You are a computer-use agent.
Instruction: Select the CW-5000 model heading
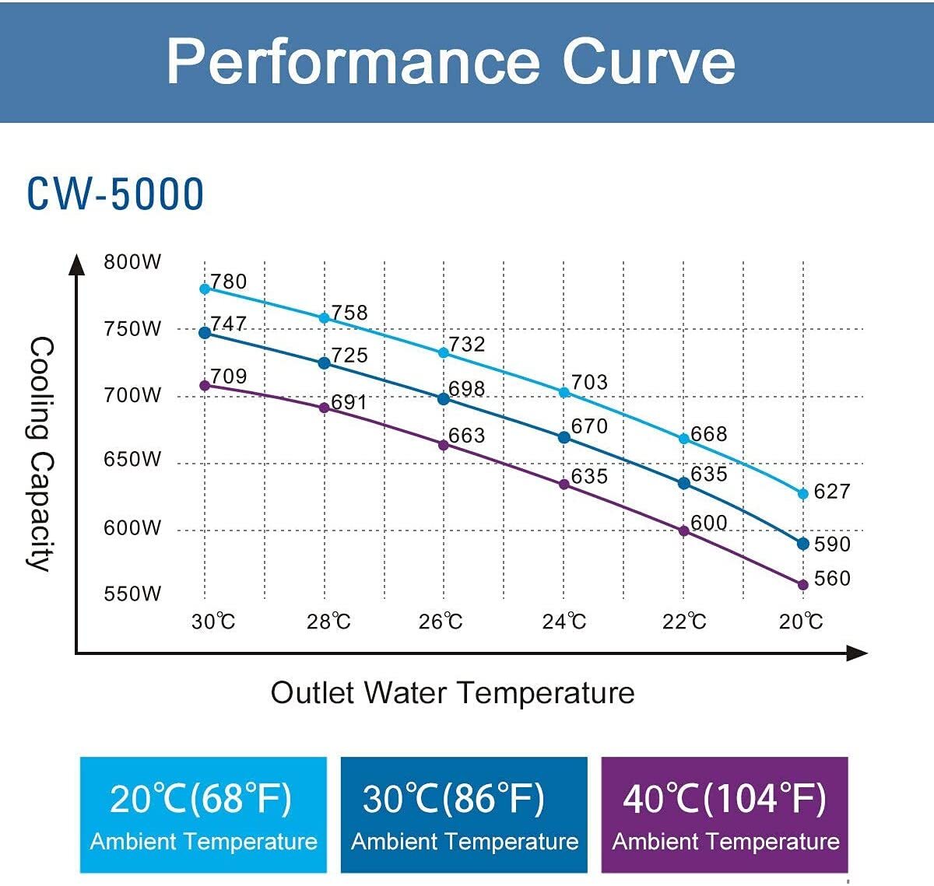pos(115,194)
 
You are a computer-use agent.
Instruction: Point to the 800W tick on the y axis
pos(132,261)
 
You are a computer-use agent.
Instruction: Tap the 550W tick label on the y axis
pos(132,594)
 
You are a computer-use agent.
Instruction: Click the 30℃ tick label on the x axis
pos(212,622)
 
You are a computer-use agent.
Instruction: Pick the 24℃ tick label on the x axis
pos(564,622)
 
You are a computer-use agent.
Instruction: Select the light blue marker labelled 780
pos(205,289)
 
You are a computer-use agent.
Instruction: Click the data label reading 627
pos(831,492)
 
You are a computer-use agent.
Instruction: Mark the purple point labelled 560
pos(803,584)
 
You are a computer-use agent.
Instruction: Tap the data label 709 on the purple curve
pos(228,376)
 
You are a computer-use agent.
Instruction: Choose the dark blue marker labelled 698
pos(444,399)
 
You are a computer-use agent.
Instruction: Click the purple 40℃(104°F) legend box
pos(725,814)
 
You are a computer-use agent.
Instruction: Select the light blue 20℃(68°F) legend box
pos(203,814)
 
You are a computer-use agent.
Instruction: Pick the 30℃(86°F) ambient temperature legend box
pos(464,814)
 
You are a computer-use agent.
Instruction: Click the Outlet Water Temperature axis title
pos(452,692)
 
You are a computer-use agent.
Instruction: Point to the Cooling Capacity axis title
pos(40,454)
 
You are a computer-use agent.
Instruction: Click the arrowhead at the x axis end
pos(857,653)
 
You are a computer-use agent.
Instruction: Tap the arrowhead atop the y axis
pos(76,264)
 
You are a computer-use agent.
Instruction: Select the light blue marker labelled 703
pos(564,393)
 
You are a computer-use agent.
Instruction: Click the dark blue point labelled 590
pos(803,544)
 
